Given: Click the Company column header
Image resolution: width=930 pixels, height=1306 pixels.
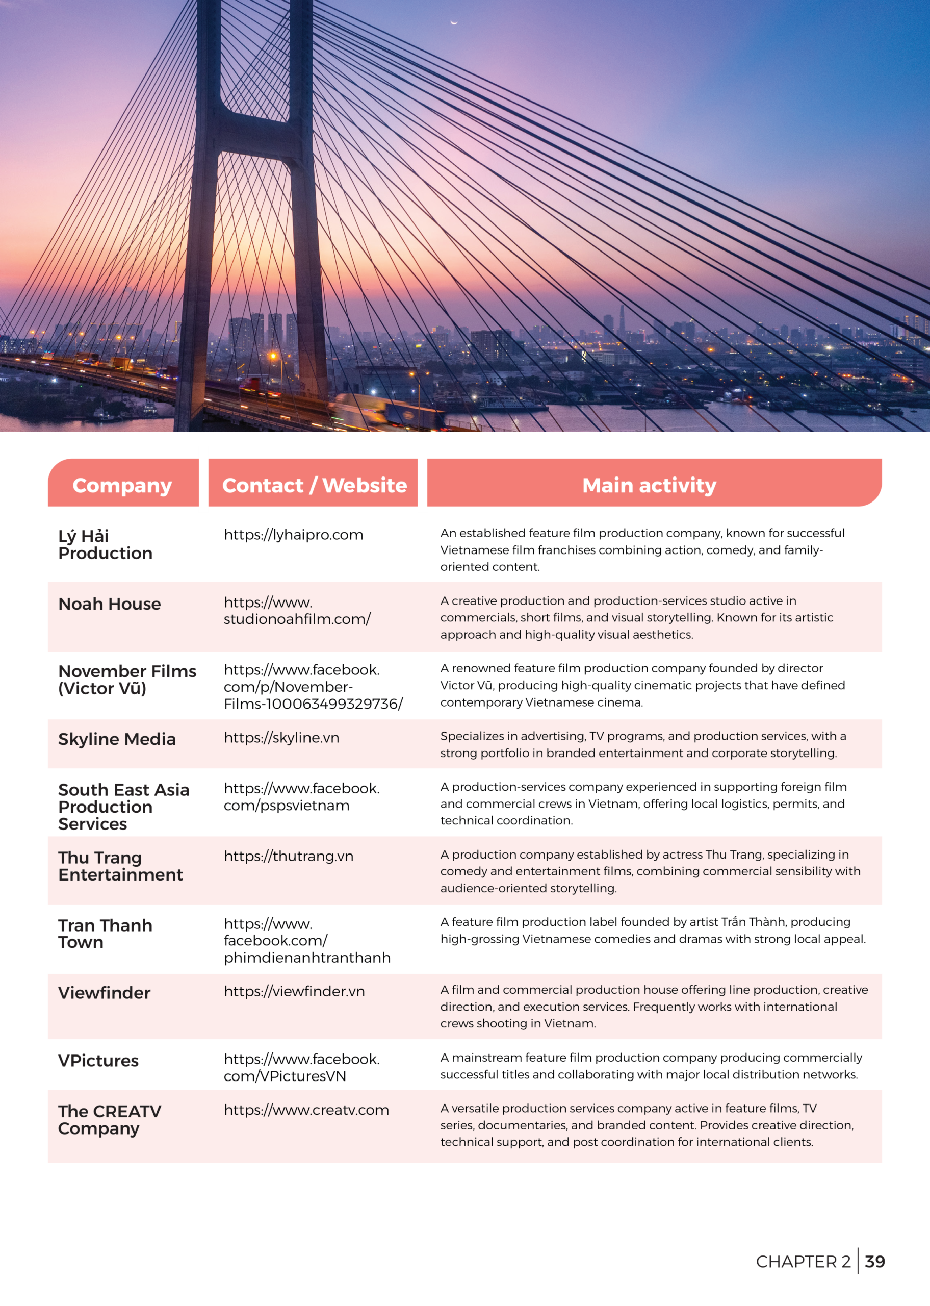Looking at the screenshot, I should coord(122,485).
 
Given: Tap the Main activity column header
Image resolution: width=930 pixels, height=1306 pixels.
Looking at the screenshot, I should coord(649,485).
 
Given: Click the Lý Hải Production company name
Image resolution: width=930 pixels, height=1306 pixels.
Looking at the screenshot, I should coord(106,544).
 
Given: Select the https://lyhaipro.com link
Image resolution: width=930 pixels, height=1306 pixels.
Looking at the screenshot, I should coord(293,535).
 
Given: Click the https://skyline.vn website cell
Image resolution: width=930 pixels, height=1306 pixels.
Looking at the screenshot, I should coord(281,737).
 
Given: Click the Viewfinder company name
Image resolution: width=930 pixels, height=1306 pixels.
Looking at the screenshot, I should coord(104,993).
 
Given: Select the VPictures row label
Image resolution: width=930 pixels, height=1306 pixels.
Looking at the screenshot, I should coord(98,1060).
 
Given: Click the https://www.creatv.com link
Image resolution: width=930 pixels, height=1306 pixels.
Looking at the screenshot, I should coord(306,1110).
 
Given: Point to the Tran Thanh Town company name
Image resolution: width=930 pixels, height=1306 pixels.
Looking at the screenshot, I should coord(106,934).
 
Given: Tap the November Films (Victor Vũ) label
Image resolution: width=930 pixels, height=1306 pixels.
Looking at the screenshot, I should coord(127,680).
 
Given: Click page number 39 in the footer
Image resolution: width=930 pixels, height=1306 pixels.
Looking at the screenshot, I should coord(874,1261).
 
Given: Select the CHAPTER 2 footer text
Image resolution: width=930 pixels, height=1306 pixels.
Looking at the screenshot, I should coord(803,1261).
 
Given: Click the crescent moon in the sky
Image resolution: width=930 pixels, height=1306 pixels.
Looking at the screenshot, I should coord(454,22).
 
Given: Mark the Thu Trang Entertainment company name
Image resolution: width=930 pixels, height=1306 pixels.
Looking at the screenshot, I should coord(120,866).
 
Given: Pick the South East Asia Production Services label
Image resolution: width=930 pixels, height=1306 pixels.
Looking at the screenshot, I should coord(124,807).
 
